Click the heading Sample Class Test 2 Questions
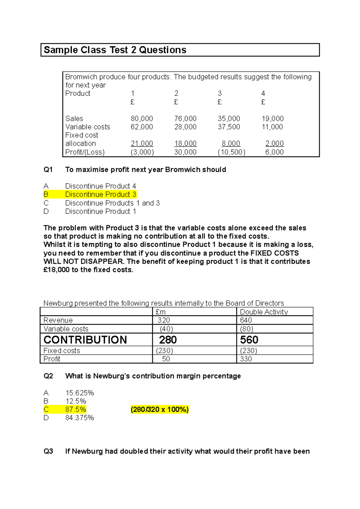pos(115,50)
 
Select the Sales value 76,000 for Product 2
pos(185,119)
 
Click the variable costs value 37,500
pos(229,127)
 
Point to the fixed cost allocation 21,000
pos(142,144)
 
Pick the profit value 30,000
pos(185,152)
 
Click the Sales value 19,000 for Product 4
pos(272,119)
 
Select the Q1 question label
pos(48,170)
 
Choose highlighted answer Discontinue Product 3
pos(100,195)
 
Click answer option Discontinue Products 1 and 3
pos(112,203)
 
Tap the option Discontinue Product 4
pos(100,186)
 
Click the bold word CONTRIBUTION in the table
pos(85,340)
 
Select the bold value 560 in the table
pos(249,340)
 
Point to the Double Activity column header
pos(264,312)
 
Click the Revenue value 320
pos(164,320)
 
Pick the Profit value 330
pos(246,359)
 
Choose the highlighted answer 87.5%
pos(76,409)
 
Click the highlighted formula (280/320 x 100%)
pos(160,409)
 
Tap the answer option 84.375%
pos(79,418)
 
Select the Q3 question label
pos(48,451)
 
